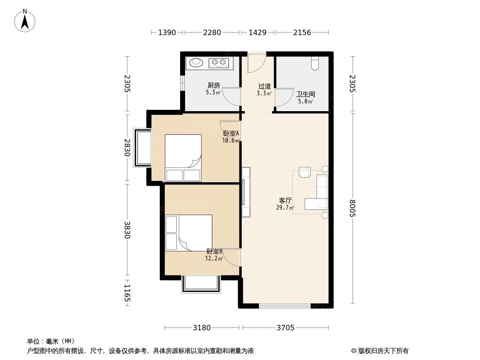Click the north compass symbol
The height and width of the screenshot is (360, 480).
26,20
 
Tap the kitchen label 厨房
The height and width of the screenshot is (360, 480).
213,85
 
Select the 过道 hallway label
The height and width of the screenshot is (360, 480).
264,86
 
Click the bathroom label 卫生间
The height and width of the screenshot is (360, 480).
305,94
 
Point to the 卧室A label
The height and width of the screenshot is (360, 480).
231,133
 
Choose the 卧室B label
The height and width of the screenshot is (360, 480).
214,252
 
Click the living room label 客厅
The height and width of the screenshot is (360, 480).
285,200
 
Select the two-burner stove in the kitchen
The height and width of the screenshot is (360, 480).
219,63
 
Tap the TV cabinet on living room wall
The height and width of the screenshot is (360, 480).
245,192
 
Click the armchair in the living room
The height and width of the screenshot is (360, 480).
305,172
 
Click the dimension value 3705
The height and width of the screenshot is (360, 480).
285,328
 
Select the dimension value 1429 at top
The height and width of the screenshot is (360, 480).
257,32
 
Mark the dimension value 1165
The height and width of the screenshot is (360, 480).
127,293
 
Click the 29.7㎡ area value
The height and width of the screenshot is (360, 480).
285,207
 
